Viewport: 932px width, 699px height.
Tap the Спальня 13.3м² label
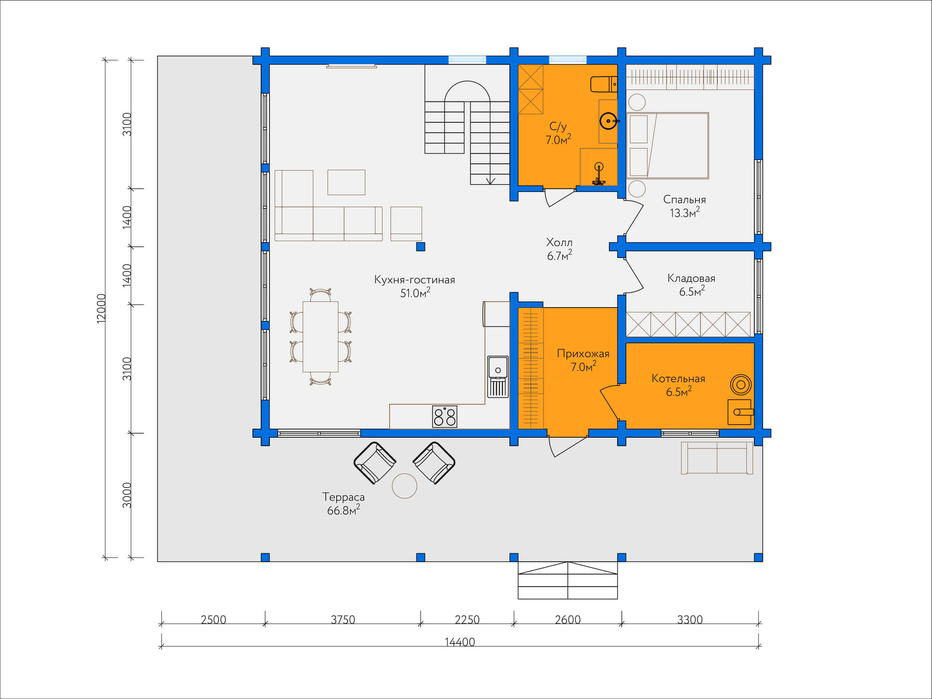click(684, 206)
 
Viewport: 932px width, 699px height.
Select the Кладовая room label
click(692, 285)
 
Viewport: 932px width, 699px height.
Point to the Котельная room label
click(678, 385)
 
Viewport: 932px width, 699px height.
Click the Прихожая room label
click(583, 360)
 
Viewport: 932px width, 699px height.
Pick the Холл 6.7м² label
click(559, 249)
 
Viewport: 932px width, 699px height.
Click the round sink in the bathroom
click(609, 121)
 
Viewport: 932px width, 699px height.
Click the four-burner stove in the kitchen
click(444, 416)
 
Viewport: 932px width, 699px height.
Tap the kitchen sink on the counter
click(498, 377)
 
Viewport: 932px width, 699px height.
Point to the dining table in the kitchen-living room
click(320, 337)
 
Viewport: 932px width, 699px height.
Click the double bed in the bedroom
click(667, 145)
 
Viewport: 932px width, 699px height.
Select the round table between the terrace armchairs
click(404, 486)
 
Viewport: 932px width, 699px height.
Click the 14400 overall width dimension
click(460, 642)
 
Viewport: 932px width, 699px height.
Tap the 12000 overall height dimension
click(101, 308)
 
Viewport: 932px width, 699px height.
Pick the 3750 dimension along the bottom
click(343, 619)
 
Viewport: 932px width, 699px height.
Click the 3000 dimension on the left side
click(127, 495)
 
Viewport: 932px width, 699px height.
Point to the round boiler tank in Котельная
click(741, 384)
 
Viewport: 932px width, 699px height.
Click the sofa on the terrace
click(717, 458)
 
